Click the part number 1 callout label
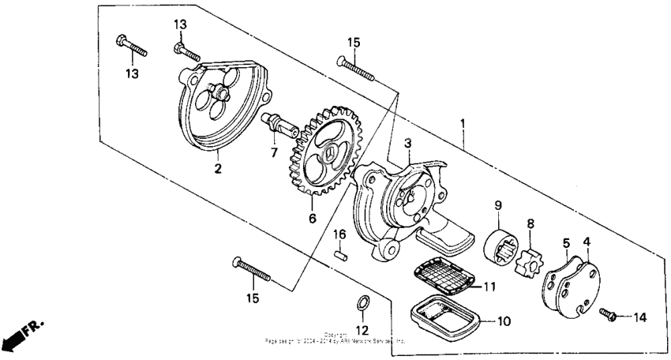point(463,123)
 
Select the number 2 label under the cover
point(217,167)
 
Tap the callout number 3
point(407,143)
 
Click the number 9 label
point(498,205)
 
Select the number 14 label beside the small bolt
point(639,317)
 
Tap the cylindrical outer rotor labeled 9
point(498,245)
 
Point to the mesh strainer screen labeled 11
point(445,278)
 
